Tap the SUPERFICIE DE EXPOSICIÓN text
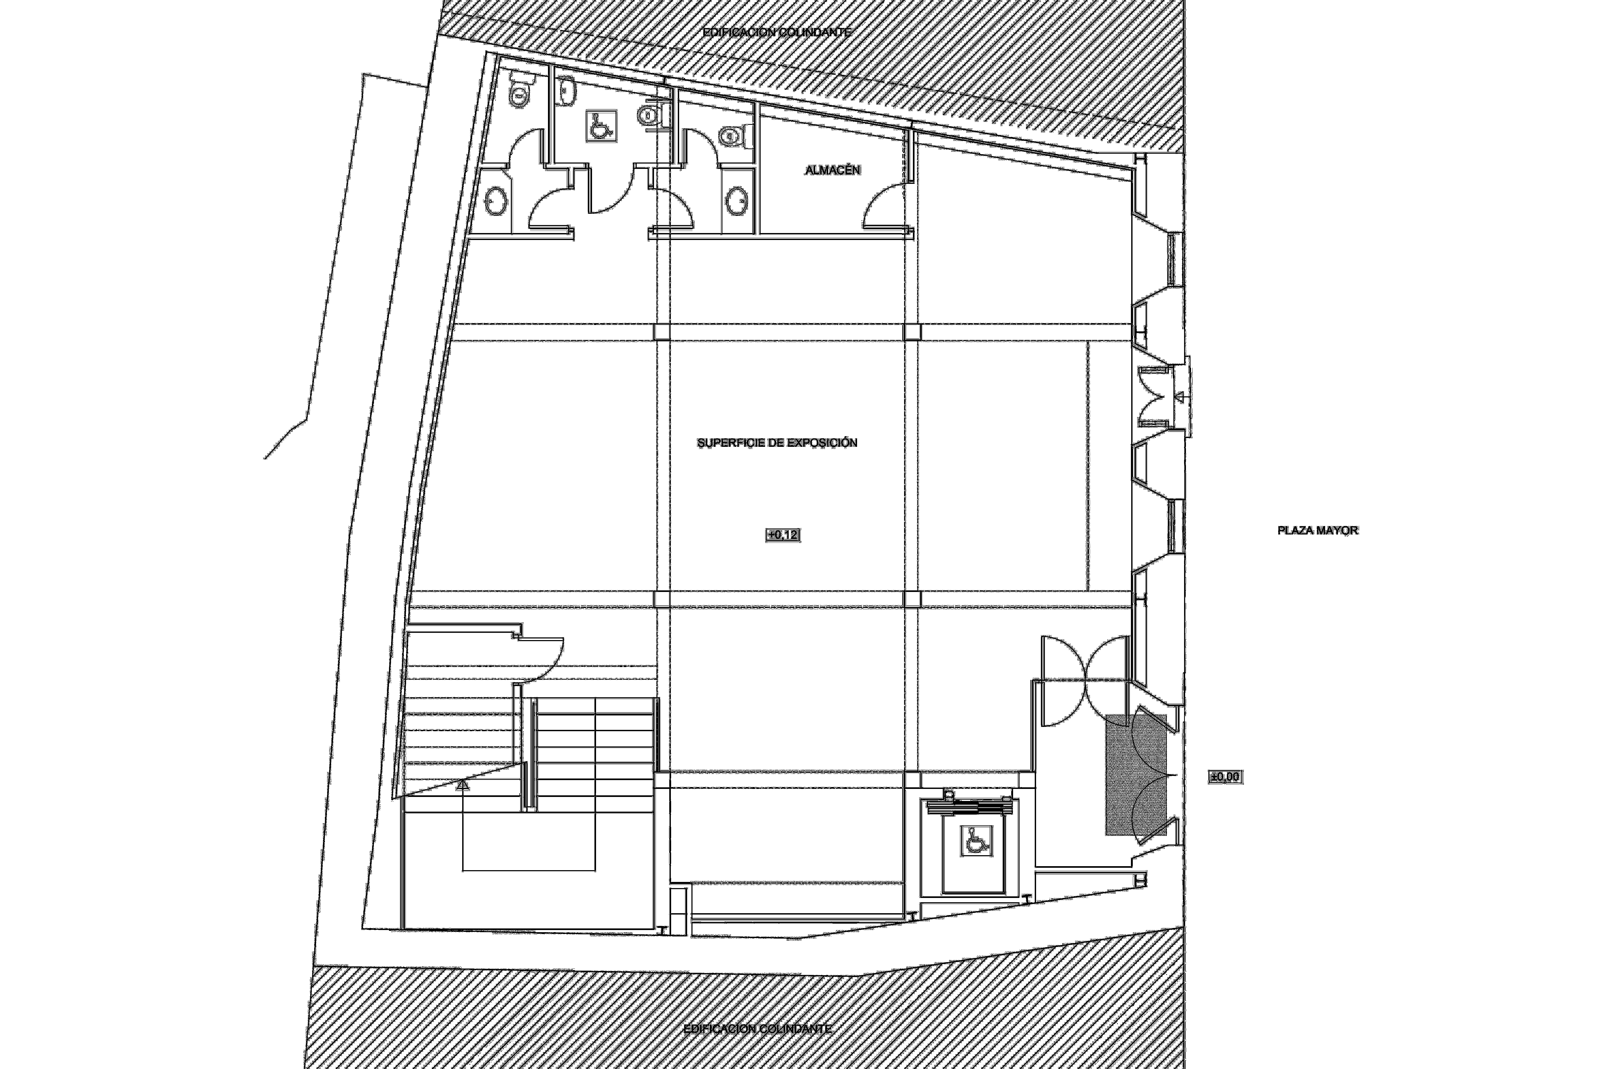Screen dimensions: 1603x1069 (x=777, y=443)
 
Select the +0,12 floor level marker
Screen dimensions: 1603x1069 (x=783, y=535)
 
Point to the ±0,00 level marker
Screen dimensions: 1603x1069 (x=1225, y=777)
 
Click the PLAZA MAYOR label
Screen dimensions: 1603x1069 (x=1317, y=530)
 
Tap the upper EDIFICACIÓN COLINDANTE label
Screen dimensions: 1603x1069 (x=777, y=32)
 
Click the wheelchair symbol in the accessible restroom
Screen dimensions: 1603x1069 (x=600, y=127)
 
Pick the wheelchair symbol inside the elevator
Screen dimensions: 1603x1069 (x=977, y=840)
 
